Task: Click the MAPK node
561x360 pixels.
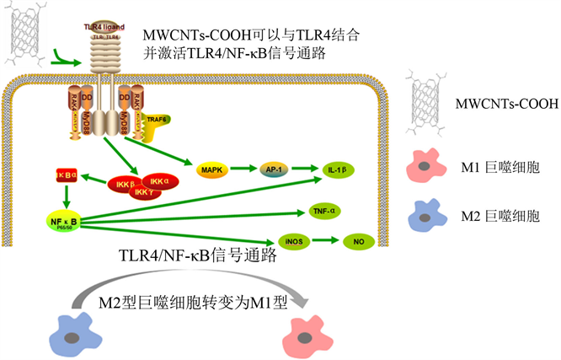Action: [209, 169]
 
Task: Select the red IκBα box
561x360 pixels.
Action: [66, 175]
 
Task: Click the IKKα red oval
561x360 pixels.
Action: [158, 180]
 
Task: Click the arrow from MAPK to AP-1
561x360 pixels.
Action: [242, 169]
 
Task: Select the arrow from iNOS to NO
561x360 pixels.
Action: [326, 242]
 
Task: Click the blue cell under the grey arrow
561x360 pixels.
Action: [76, 331]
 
